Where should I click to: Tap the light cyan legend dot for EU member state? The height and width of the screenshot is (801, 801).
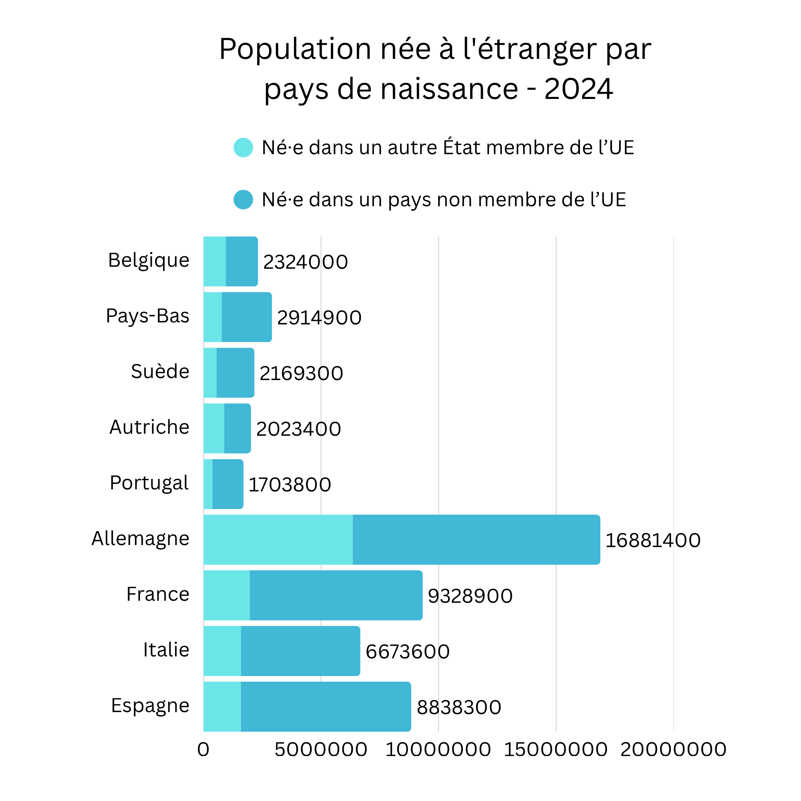pos(244,148)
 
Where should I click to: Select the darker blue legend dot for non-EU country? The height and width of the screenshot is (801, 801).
pos(244,200)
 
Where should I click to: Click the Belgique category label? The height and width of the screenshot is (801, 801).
pos(149,260)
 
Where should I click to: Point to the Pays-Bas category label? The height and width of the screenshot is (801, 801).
pos(148,316)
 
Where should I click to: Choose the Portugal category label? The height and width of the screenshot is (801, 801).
pos(149,483)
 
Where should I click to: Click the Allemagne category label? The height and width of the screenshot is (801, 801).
pos(140,539)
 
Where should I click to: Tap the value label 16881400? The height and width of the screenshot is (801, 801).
pos(652,541)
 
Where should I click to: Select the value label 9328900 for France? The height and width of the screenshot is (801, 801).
pos(470,596)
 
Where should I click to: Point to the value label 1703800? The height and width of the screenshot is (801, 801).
pos(290,485)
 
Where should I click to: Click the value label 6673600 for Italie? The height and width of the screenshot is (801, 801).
pos(407,652)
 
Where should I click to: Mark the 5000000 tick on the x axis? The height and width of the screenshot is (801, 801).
pos(321,750)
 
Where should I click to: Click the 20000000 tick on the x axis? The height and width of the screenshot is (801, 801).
pos(673,750)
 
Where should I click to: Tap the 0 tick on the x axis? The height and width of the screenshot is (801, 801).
pos(203,750)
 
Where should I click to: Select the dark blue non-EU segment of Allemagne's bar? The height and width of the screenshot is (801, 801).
pos(476,540)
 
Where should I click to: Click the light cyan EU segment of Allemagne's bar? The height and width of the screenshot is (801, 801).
pos(278,540)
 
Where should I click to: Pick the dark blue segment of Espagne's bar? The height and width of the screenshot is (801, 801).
pos(326,707)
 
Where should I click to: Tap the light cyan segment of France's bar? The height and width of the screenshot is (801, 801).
pos(226,596)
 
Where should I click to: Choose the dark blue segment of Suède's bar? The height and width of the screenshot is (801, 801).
pos(235,373)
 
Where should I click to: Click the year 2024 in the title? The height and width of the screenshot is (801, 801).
pos(578,89)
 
